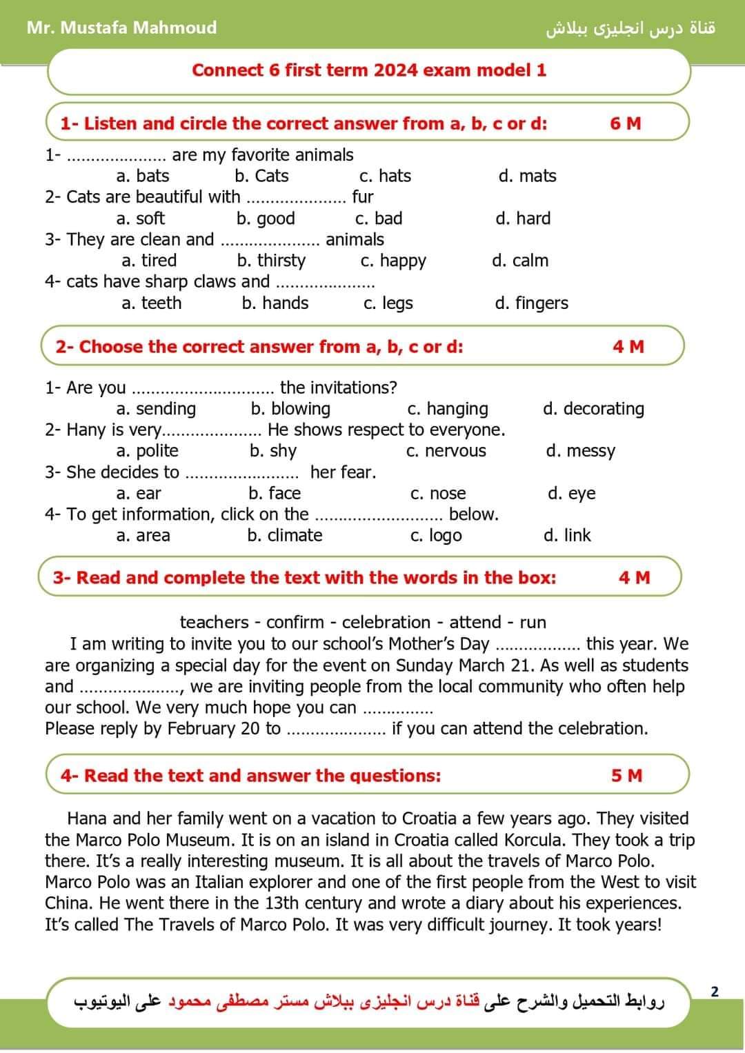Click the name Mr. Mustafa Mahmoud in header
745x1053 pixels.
click(x=121, y=28)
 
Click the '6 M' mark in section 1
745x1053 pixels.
click(x=625, y=123)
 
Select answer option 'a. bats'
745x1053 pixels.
click(x=143, y=176)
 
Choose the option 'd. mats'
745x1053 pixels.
click(x=527, y=176)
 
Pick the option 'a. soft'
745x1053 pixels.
click(x=141, y=219)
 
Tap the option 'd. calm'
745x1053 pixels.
click(x=520, y=261)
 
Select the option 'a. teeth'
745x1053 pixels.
click(x=151, y=303)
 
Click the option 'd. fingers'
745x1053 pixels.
click(x=531, y=303)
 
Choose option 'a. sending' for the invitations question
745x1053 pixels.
click(x=156, y=409)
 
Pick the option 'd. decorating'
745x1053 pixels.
click(x=593, y=409)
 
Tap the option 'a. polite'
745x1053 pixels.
click(x=148, y=451)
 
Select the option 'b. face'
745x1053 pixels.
click(x=275, y=493)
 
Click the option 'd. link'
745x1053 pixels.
click(x=567, y=535)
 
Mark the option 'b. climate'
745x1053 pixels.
click(x=285, y=535)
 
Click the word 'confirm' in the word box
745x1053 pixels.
click(x=295, y=622)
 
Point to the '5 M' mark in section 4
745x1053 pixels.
click(x=626, y=776)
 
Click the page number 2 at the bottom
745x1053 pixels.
click(x=715, y=992)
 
